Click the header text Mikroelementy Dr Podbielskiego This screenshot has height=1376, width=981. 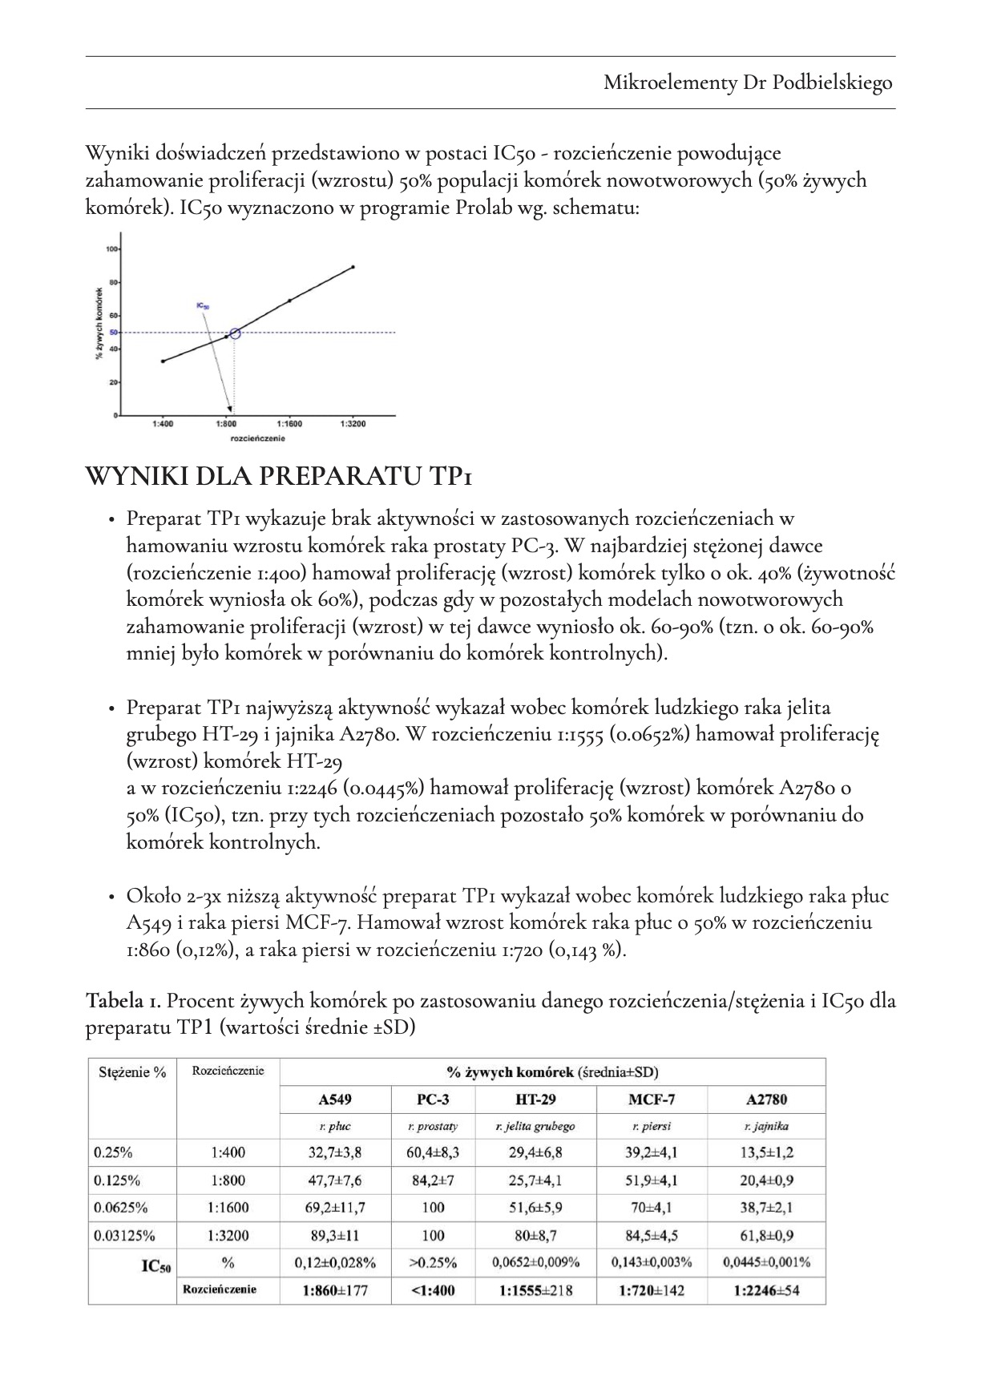point(747,83)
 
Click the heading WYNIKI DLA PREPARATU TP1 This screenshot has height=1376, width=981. point(278,477)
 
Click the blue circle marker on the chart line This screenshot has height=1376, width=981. point(235,333)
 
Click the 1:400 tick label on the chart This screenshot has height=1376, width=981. point(163,423)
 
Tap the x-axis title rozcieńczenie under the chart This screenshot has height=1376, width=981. point(257,438)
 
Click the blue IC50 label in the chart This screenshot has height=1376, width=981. point(202,306)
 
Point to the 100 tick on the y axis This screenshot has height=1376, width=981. point(111,249)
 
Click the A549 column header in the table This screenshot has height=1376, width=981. point(335,1100)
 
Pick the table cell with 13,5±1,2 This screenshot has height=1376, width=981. point(766,1153)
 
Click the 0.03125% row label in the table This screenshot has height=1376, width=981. point(124,1235)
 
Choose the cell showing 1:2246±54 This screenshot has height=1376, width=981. point(766,1290)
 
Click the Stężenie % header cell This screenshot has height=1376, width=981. point(132,1072)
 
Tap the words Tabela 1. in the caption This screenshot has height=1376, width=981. point(123,1001)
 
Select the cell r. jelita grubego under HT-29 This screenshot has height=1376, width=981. point(535,1126)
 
